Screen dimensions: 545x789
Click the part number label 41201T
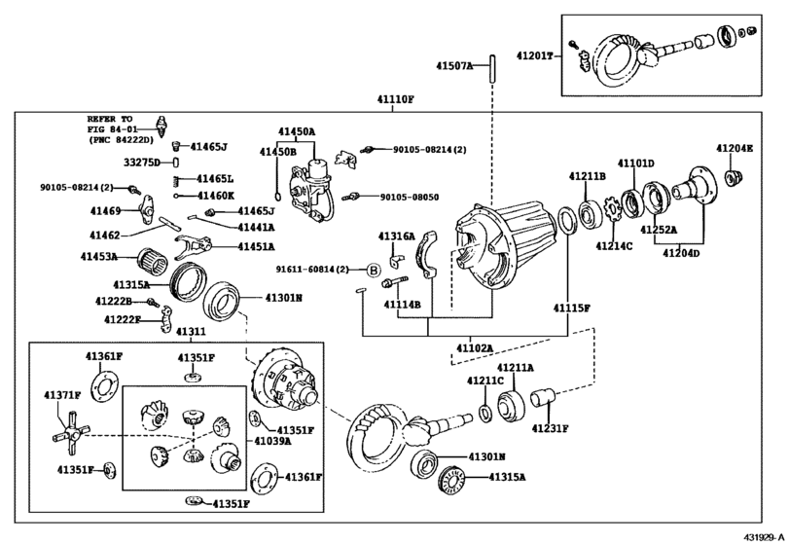534,56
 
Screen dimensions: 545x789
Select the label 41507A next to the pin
453,66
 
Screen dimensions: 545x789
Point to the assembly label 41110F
396,100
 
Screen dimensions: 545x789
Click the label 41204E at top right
735,148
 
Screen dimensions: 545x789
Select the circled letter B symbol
372,270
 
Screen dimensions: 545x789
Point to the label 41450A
296,131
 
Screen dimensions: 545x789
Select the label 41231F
550,426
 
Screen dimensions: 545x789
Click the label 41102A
474,346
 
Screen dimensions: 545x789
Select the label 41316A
396,236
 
